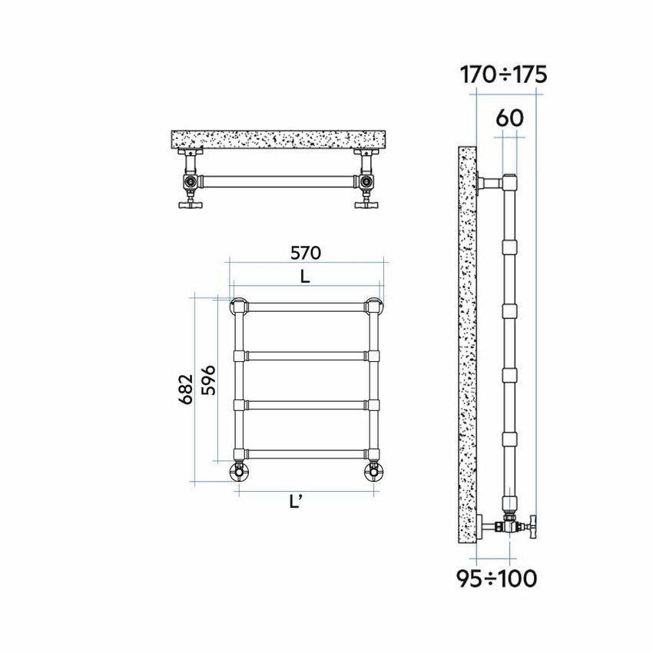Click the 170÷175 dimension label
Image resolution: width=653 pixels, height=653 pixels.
(503, 75)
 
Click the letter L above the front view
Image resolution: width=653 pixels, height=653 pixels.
(305, 277)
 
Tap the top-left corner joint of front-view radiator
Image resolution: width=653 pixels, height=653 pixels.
(238, 305)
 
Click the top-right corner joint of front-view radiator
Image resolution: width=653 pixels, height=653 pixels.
(375, 305)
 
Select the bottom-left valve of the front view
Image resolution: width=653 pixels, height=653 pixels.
(238, 470)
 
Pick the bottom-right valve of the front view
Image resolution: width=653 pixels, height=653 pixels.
(375, 470)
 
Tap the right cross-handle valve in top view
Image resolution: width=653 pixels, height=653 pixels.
(366, 204)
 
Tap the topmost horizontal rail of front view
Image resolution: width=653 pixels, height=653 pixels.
(307, 306)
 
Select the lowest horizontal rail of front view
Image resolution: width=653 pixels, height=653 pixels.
(307, 454)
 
